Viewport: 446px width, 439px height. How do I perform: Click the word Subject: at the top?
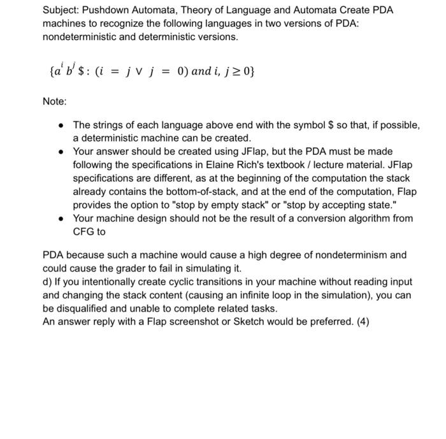coord(62,10)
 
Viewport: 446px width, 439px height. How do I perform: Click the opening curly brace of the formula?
coord(51,71)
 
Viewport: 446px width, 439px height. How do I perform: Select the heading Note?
coord(55,101)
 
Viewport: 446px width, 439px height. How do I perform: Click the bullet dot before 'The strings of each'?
coord(59,125)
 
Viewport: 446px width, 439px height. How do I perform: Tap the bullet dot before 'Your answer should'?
coord(59,152)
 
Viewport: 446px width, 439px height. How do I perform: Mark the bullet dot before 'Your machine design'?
coord(59,219)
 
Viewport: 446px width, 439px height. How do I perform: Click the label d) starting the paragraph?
coord(48,282)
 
